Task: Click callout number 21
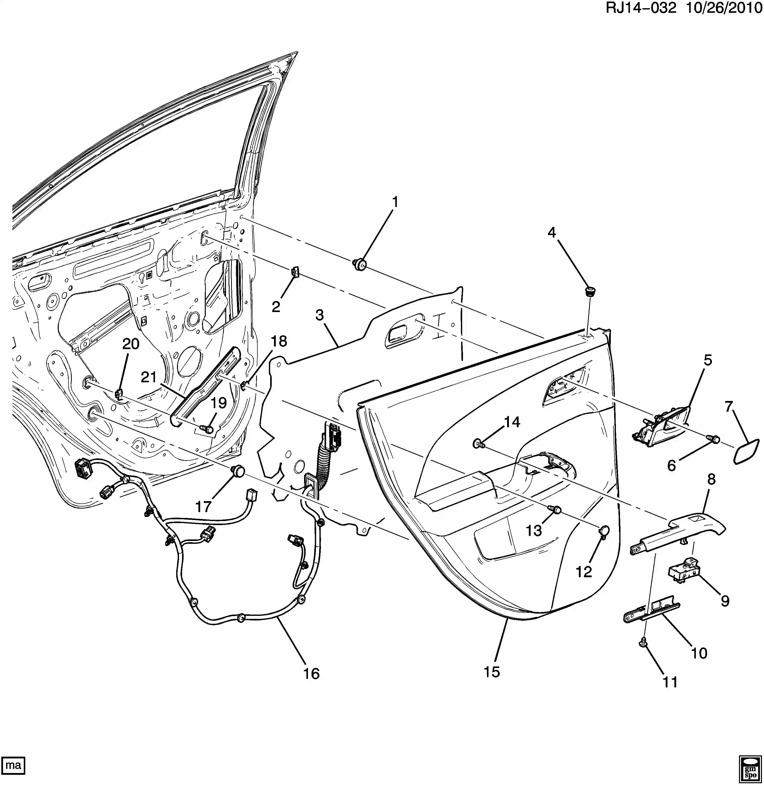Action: click(148, 377)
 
